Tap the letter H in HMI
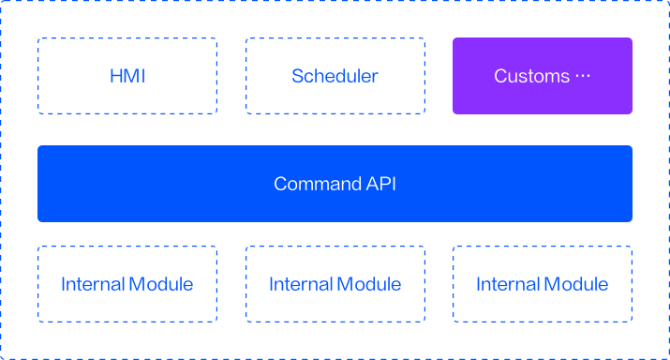116,76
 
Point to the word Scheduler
335,76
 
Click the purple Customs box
543,76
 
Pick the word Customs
532,76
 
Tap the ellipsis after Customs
583,76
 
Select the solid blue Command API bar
335,184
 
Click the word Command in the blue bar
318,184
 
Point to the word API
381,184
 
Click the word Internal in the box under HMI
92,284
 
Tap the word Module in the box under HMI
160,284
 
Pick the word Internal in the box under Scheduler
300,284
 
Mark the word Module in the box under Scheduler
369,284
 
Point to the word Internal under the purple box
508,284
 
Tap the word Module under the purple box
576,284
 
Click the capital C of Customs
500,76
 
